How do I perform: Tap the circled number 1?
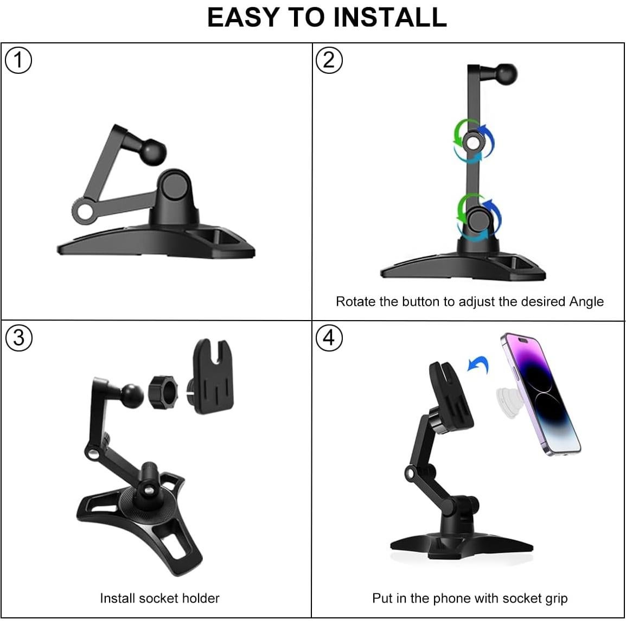coord(18,60)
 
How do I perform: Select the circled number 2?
coord(329,60)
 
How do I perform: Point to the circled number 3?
coord(18,337)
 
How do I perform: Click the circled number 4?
coord(329,337)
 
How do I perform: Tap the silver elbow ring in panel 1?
coord(85,211)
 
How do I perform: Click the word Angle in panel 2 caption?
coord(586,302)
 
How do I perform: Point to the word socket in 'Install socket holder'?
coord(158,598)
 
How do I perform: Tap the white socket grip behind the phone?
coord(509,401)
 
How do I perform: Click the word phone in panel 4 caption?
coord(452,598)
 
